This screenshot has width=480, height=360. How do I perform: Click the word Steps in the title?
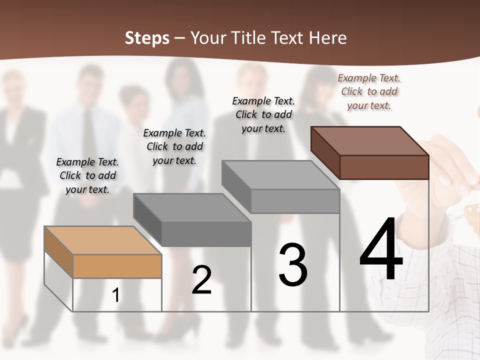click(147, 38)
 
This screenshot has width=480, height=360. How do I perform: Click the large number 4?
click(381, 250)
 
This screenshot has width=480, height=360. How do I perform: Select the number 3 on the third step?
click(293, 264)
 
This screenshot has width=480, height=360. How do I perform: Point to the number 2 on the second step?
click(202, 280)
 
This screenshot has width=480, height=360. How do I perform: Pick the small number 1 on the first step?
click(116, 295)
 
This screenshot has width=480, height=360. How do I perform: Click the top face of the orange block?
click(102, 240)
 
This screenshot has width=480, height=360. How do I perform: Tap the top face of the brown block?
click(370, 140)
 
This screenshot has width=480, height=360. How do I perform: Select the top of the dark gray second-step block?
click(192, 207)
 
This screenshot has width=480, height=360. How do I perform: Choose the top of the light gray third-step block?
click(280, 174)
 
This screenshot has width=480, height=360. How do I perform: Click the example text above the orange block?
click(87, 175)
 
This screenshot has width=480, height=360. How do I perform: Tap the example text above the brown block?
click(369, 91)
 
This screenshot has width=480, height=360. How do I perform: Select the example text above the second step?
click(174, 146)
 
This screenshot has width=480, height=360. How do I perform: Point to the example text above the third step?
click(263, 114)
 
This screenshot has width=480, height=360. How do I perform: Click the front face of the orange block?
click(117, 266)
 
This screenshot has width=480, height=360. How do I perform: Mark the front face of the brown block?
click(384, 167)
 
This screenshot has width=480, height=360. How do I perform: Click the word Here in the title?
click(327, 38)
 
